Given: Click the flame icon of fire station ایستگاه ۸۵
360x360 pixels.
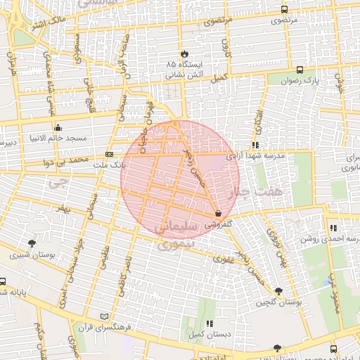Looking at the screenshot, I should pyautogui.click(x=184, y=53).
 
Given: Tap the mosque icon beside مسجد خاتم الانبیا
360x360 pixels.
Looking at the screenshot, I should pyautogui.click(x=58, y=128).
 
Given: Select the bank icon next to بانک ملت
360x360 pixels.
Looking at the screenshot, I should pyautogui.click(x=109, y=154).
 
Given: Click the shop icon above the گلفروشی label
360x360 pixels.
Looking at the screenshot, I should pyautogui.click(x=217, y=213).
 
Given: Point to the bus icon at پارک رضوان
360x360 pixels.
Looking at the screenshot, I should pyautogui.click(x=300, y=70).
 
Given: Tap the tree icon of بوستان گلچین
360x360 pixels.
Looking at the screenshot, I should pyautogui.click(x=279, y=290).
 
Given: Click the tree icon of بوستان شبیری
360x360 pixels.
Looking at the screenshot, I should pyautogui.click(x=32, y=243).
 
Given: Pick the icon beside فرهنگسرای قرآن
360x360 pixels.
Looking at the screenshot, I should pyautogui.click(x=105, y=317).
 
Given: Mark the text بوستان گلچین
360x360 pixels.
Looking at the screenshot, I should pyautogui.click(x=279, y=302).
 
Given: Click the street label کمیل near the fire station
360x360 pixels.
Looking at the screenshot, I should pyautogui.click(x=221, y=77).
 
